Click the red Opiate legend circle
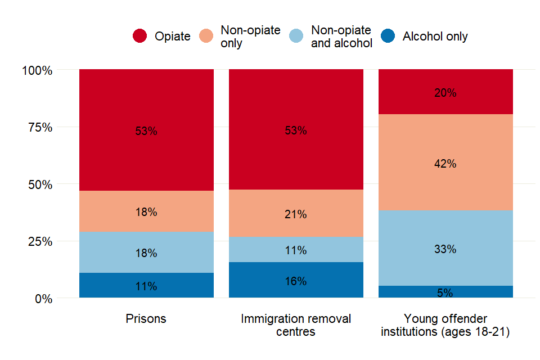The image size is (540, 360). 140,36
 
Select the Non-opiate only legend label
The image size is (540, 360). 250,37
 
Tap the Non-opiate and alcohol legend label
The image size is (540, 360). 341,37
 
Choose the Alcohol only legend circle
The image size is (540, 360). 388,36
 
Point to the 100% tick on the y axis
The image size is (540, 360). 37,71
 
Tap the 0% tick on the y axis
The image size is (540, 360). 43,299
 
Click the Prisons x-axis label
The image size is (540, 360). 146,319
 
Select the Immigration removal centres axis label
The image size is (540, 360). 296,325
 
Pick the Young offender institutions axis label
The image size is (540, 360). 445,325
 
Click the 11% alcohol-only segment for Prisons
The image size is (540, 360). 146,286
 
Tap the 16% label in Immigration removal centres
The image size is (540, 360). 296,281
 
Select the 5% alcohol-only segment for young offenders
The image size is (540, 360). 445,292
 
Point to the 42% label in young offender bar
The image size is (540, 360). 445,164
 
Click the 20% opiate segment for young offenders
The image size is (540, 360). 445,93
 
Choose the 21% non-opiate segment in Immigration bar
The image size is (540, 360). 296,214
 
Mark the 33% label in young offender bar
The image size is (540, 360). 445,249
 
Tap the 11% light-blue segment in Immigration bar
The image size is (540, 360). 296,250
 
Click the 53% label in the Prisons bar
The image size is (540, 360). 146,131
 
